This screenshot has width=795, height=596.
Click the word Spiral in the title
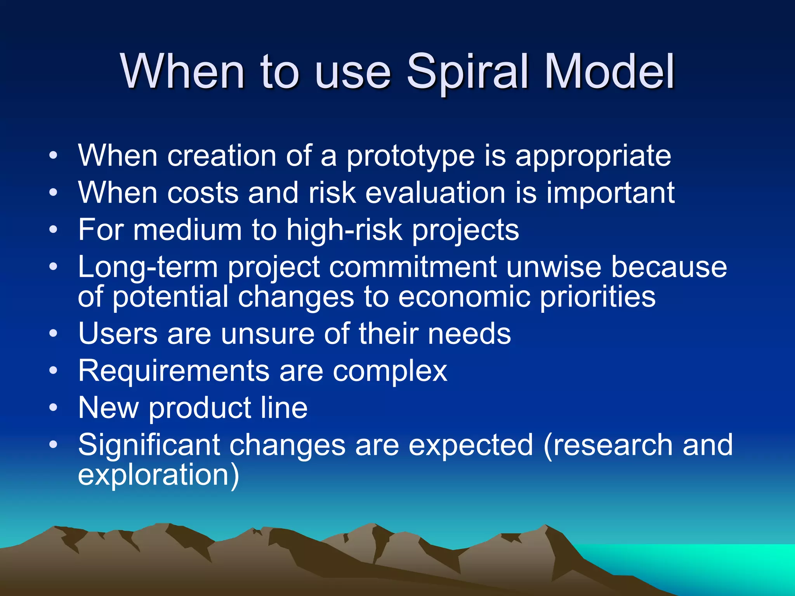[x=467, y=72]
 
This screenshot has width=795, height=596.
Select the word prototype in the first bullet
[x=410, y=156]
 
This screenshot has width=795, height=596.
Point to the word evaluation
[x=435, y=193]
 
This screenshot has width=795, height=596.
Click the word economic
[x=464, y=297]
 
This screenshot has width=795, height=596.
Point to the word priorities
[x=598, y=297]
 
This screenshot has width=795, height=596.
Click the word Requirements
[x=174, y=371]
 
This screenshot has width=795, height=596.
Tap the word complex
[x=390, y=371]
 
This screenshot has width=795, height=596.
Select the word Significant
[x=149, y=445]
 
